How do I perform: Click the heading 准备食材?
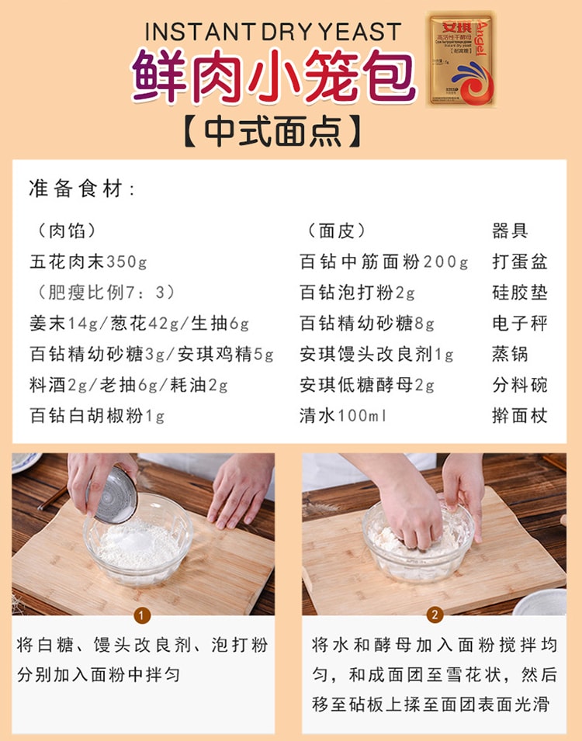point(82,189)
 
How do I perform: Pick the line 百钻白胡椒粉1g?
point(98,416)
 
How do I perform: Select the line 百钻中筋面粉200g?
point(384,261)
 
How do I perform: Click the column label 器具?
point(510,230)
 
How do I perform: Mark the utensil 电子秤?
point(519,324)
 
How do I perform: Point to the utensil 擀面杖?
point(519,416)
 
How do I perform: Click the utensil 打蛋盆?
point(519,261)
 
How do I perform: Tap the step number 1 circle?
point(142,616)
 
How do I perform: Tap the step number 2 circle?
point(435,616)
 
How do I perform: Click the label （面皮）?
point(336,230)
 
